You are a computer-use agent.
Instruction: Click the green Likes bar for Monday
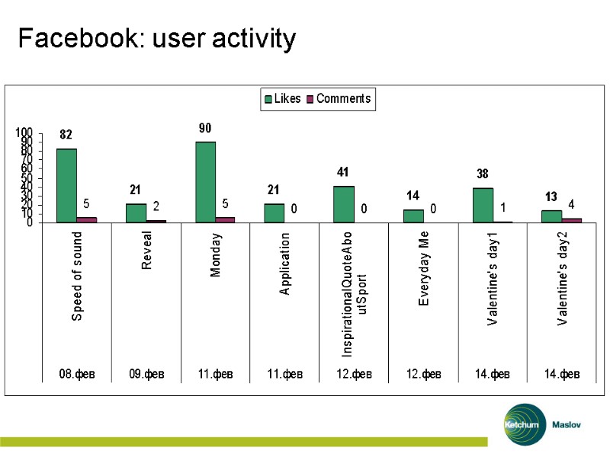click(205, 182)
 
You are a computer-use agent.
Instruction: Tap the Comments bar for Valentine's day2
click(572, 220)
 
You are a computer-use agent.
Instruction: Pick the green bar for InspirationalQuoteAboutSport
click(344, 204)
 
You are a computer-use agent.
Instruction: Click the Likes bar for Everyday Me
click(413, 216)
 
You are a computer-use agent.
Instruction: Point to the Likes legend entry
click(283, 99)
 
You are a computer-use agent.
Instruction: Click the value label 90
click(205, 129)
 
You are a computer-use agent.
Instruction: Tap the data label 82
click(66, 135)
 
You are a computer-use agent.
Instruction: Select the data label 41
click(343, 173)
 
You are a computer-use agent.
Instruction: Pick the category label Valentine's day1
click(493, 280)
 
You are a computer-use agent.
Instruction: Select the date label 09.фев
click(146, 374)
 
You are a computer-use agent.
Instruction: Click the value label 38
click(482, 174)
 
